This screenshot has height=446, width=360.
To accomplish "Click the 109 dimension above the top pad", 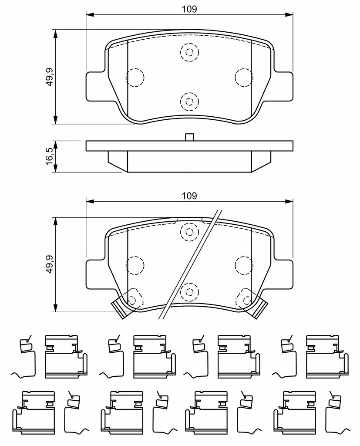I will pos(190,9).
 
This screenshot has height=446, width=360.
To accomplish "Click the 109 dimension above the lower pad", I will pos(190,196).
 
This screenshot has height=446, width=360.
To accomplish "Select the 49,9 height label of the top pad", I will pos(49,77).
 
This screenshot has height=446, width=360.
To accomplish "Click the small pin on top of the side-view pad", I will pos(189,137).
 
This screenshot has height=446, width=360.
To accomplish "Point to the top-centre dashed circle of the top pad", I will pos(189,52).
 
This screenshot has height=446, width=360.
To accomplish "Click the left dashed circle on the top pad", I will pos(135,78).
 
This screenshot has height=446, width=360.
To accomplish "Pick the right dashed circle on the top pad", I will pos(244,77).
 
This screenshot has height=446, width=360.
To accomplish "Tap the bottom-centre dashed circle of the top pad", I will pos(189,101).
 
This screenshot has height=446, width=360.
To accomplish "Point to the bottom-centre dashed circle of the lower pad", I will pos(189,291).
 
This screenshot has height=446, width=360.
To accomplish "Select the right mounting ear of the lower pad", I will pos(283,274).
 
